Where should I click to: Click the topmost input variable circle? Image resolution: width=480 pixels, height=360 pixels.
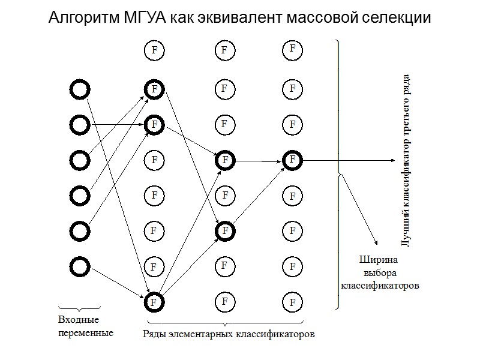pos(79,90)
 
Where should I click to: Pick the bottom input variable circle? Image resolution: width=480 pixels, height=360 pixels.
pos(79,265)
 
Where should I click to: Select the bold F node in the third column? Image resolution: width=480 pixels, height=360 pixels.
pos(292,160)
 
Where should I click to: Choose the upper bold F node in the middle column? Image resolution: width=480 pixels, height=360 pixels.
pos(224,160)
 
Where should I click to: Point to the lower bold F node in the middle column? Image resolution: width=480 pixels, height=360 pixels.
pos(224,230)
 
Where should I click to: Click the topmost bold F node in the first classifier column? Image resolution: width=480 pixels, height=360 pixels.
pos(154,89)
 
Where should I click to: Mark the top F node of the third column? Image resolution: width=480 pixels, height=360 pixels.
pos(292,48)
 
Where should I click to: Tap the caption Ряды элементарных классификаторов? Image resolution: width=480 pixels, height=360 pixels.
pos(229,334)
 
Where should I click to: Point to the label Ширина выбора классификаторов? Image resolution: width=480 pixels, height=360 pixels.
pos(379,273)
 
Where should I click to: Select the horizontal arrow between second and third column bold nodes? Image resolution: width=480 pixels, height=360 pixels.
pos(258,160)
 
